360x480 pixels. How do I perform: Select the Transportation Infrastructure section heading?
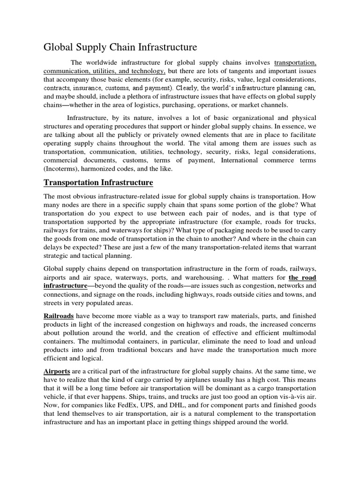point(98,182)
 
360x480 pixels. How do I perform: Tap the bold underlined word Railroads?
point(59,316)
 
